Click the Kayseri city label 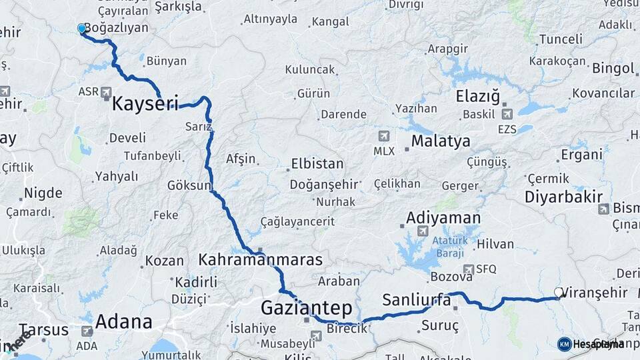click(145, 104)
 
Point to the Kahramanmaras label click(260, 259)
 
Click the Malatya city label click(440, 141)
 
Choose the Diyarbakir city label click(563, 197)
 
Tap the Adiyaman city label click(443, 218)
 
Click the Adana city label click(123, 321)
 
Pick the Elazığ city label click(477, 97)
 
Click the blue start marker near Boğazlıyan click(82, 29)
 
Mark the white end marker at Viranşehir click(559, 292)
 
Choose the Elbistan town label click(317, 164)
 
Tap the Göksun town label click(189, 185)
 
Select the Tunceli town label click(561, 39)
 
